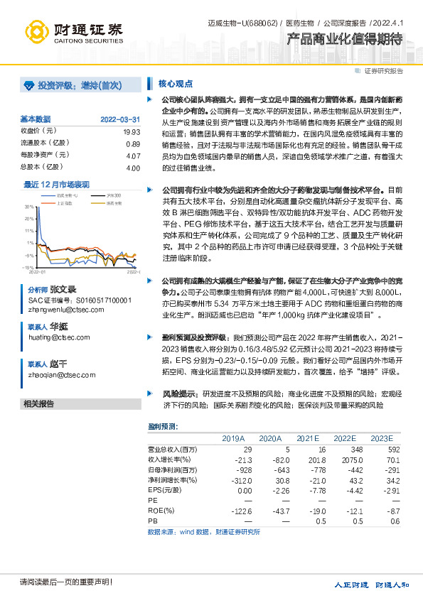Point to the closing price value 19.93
(131, 131)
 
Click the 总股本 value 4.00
(132, 168)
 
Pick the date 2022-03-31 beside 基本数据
(120, 119)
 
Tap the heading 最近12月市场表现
(57, 184)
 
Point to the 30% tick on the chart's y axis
(29, 207)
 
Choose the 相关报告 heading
(38, 404)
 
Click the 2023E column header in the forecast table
(381, 437)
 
